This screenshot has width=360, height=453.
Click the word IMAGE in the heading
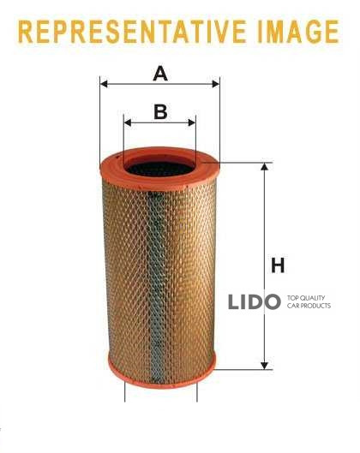[298, 32]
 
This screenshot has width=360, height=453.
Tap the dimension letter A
[160, 74]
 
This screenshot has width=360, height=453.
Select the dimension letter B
[160, 112]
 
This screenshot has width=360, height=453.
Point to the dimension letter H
[278, 265]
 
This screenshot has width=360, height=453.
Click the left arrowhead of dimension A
[104, 85]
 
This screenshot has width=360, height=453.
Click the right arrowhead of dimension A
[216, 85]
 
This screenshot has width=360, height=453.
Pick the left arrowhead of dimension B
[128, 122]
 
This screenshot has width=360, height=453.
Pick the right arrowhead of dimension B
[192, 122]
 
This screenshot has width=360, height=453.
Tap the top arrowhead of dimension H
[264, 167]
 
